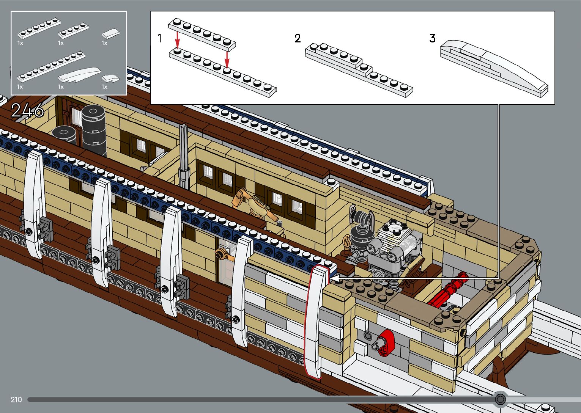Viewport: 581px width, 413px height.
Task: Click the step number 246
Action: pyautogui.click(x=27, y=110)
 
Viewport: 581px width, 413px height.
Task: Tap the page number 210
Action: pyautogui.click(x=16, y=399)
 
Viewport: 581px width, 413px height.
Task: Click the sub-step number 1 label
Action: pyautogui.click(x=160, y=38)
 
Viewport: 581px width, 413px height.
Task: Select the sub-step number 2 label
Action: pyautogui.click(x=298, y=38)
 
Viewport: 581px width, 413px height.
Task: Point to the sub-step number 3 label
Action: pyautogui.click(x=433, y=38)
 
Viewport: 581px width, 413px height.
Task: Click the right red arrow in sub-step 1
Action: pyautogui.click(x=227, y=59)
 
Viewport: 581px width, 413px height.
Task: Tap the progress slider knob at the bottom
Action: pyautogui.click(x=501, y=399)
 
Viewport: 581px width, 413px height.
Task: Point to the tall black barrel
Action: pyautogui.click(x=93, y=129)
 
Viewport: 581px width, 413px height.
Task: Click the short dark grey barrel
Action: pyautogui.click(x=64, y=135)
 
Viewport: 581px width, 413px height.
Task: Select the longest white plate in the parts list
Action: pyautogui.click(x=51, y=68)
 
